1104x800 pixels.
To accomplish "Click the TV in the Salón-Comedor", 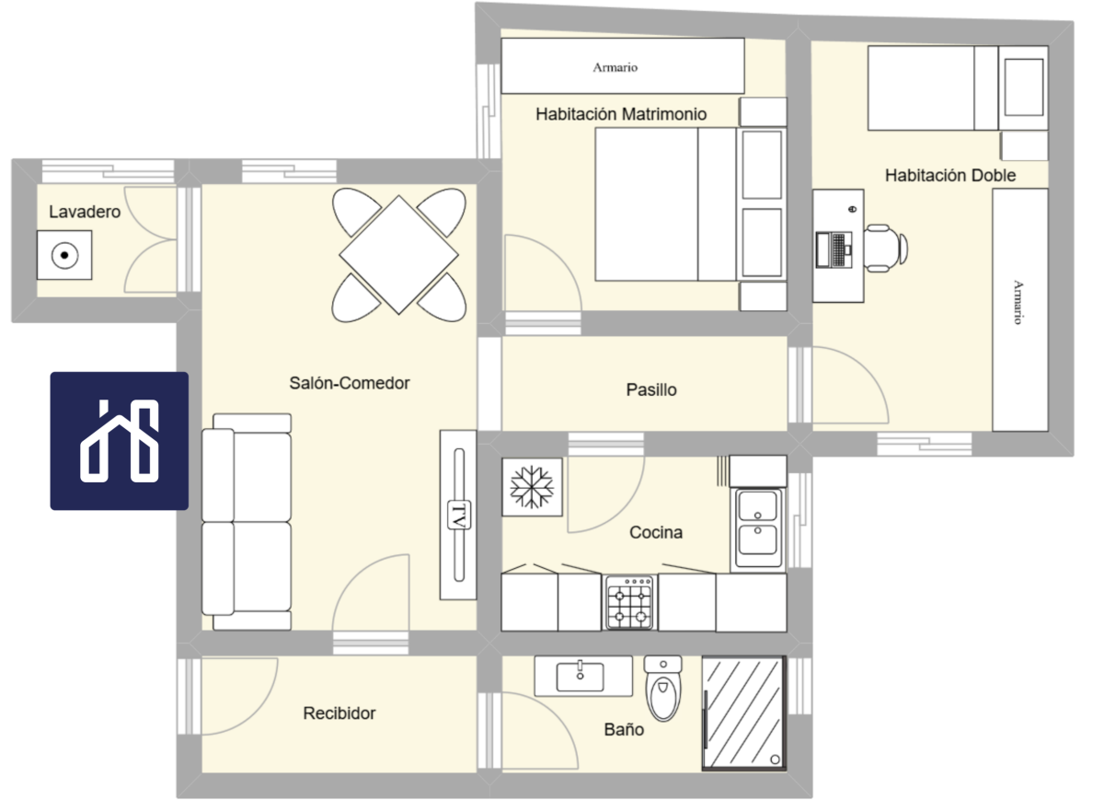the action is (x=458, y=515).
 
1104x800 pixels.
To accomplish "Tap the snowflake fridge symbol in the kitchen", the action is (x=532, y=487).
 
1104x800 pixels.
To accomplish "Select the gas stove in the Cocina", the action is (x=629, y=603).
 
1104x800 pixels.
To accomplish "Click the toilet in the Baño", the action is (x=663, y=688).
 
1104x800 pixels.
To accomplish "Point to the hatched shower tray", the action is (x=744, y=713).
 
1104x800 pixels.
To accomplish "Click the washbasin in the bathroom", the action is (x=583, y=676).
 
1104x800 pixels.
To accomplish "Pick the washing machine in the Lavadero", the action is (x=64, y=255).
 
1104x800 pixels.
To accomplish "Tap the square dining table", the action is (x=398, y=255).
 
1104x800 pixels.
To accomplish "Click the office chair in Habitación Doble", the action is (x=886, y=248).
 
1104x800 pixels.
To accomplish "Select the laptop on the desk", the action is (x=834, y=250).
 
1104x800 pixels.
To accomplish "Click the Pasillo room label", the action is (x=651, y=390).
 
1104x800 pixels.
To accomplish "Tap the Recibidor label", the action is (x=339, y=713).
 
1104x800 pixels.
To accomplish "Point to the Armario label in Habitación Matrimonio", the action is (x=615, y=67).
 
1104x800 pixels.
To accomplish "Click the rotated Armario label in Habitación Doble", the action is (x=1018, y=302).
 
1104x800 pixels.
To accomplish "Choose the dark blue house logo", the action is (x=120, y=441).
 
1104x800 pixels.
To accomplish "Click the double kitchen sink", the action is (x=758, y=528).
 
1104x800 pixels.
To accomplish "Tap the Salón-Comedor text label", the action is (x=350, y=383).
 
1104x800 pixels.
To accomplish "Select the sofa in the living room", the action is (x=247, y=522).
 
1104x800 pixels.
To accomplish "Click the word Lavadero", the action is (x=85, y=212).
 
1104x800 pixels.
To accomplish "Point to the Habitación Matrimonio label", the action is (x=621, y=114).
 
